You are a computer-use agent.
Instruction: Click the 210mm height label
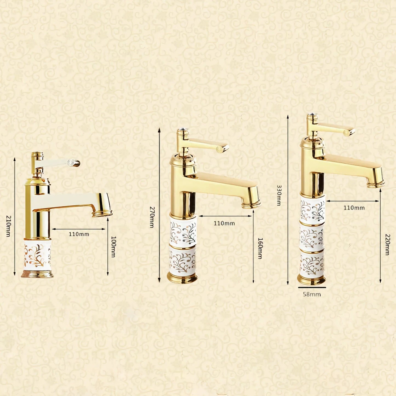click(8, 226)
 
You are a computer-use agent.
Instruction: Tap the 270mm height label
click(152, 217)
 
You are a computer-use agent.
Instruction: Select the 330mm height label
click(279, 195)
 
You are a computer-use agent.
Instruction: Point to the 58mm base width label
click(312, 294)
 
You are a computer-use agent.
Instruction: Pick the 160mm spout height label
click(260, 248)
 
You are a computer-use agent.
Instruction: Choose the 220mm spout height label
click(388, 244)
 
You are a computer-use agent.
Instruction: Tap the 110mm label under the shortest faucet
click(79, 234)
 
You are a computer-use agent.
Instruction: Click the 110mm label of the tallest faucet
click(354, 208)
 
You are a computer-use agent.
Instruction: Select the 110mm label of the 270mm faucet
click(224, 223)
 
